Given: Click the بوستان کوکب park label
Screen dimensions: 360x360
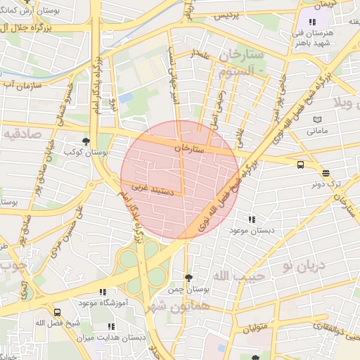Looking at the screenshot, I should click(85, 152).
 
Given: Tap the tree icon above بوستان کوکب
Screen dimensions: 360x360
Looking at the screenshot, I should click(86, 141).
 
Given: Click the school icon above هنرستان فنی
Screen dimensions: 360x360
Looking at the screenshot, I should click(313, 22).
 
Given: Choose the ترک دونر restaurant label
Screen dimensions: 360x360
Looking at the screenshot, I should click(326, 184).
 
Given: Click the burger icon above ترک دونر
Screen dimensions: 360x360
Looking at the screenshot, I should click(326, 172).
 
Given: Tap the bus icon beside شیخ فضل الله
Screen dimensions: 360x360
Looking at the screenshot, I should click(57, 313).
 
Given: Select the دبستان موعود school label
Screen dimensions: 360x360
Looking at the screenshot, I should click(252, 230).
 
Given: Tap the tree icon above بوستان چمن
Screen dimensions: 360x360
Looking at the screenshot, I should click(188, 278).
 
